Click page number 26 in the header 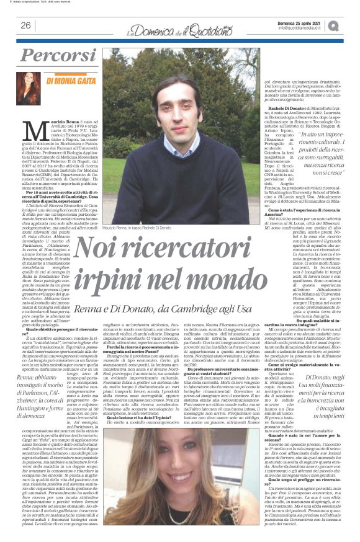click(26, 25)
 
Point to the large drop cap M click(39, 134)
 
